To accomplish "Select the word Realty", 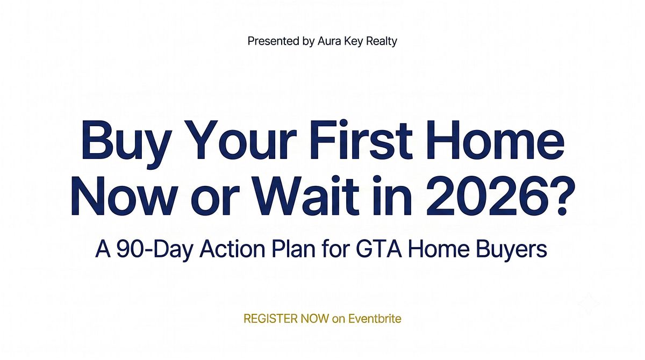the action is [x=381, y=41].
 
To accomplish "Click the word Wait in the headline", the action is [x=307, y=195].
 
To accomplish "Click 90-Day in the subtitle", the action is [x=154, y=249].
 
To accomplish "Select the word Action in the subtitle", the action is [x=232, y=249].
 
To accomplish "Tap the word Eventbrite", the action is [x=375, y=319].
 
